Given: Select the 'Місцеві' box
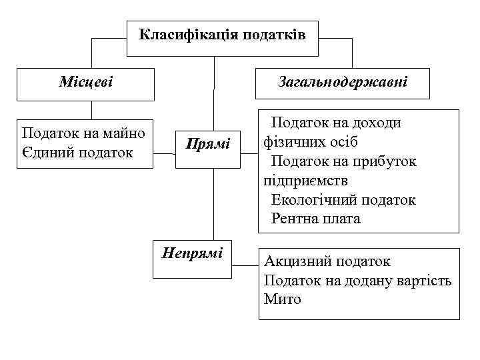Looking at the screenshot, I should pos(85,83).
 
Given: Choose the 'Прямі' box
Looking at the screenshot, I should pos(207,143).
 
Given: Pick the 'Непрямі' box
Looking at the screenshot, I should pos(192,257).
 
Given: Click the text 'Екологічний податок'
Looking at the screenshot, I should pos(343,199).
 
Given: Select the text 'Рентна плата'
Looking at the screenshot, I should pos(315,218).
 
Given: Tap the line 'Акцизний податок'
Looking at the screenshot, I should pos(327,261).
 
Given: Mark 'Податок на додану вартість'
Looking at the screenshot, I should pos(357,280).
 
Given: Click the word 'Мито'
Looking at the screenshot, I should pos(282,299).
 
